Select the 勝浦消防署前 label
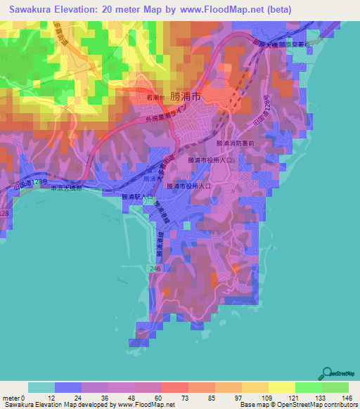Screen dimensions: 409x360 pyautogui.click(x=237, y=143)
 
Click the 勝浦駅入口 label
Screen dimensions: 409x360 pyautogui.click(x=136, y=197)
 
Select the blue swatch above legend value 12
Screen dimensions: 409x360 pyautogui.click(x=68, y=387)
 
